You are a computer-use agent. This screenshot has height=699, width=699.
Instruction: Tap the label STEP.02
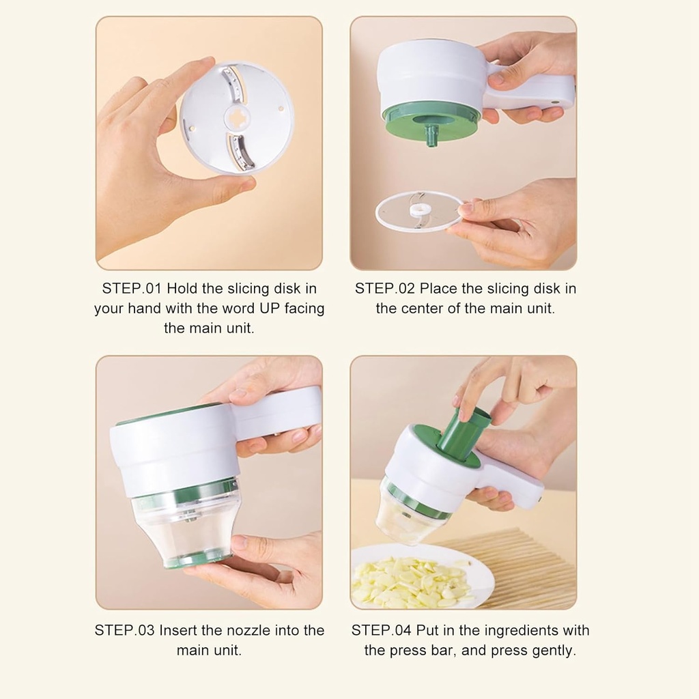pos(384,289)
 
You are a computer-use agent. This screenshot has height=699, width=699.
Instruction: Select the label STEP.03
pos(124,630)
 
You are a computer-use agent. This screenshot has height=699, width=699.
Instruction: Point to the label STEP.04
pos(382,630)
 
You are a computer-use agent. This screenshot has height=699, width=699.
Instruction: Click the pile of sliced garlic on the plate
pos(410,582)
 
